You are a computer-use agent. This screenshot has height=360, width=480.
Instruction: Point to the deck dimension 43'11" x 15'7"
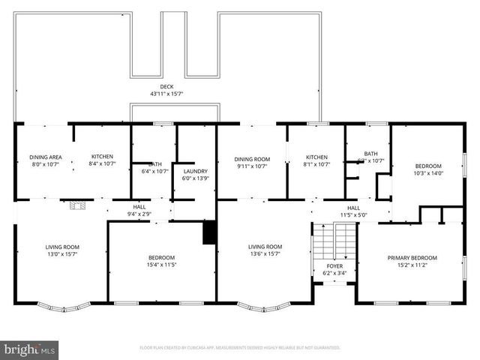pyautogui.click(x=166, y=94)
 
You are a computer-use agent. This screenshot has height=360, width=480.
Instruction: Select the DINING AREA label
pyautogui.click(x=45, y=157)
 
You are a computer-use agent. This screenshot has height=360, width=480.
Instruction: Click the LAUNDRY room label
pyautogui.click(x=194, y=172)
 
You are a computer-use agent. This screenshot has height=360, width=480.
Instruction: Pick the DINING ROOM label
pyautogui.click(x=251, y=159)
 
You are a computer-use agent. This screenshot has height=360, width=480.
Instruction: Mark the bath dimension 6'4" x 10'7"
pyautogui.click(x=154, y=171)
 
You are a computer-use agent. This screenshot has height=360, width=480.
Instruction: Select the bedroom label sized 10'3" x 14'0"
pyautogui.click(x=428, y=166)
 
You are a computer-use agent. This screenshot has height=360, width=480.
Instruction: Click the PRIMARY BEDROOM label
pyautogui.click(x=412, y=258)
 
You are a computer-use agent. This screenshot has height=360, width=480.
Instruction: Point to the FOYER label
pyautogui.click(x=334, y=265)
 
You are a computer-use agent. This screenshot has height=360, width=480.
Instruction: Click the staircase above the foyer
pyautogui.click(x=334, y=239)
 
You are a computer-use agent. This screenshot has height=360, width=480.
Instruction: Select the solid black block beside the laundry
pyautogui.click(x=209, y=232)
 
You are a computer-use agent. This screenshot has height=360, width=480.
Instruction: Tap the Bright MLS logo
pyautogui.click(x=30, y=349)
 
